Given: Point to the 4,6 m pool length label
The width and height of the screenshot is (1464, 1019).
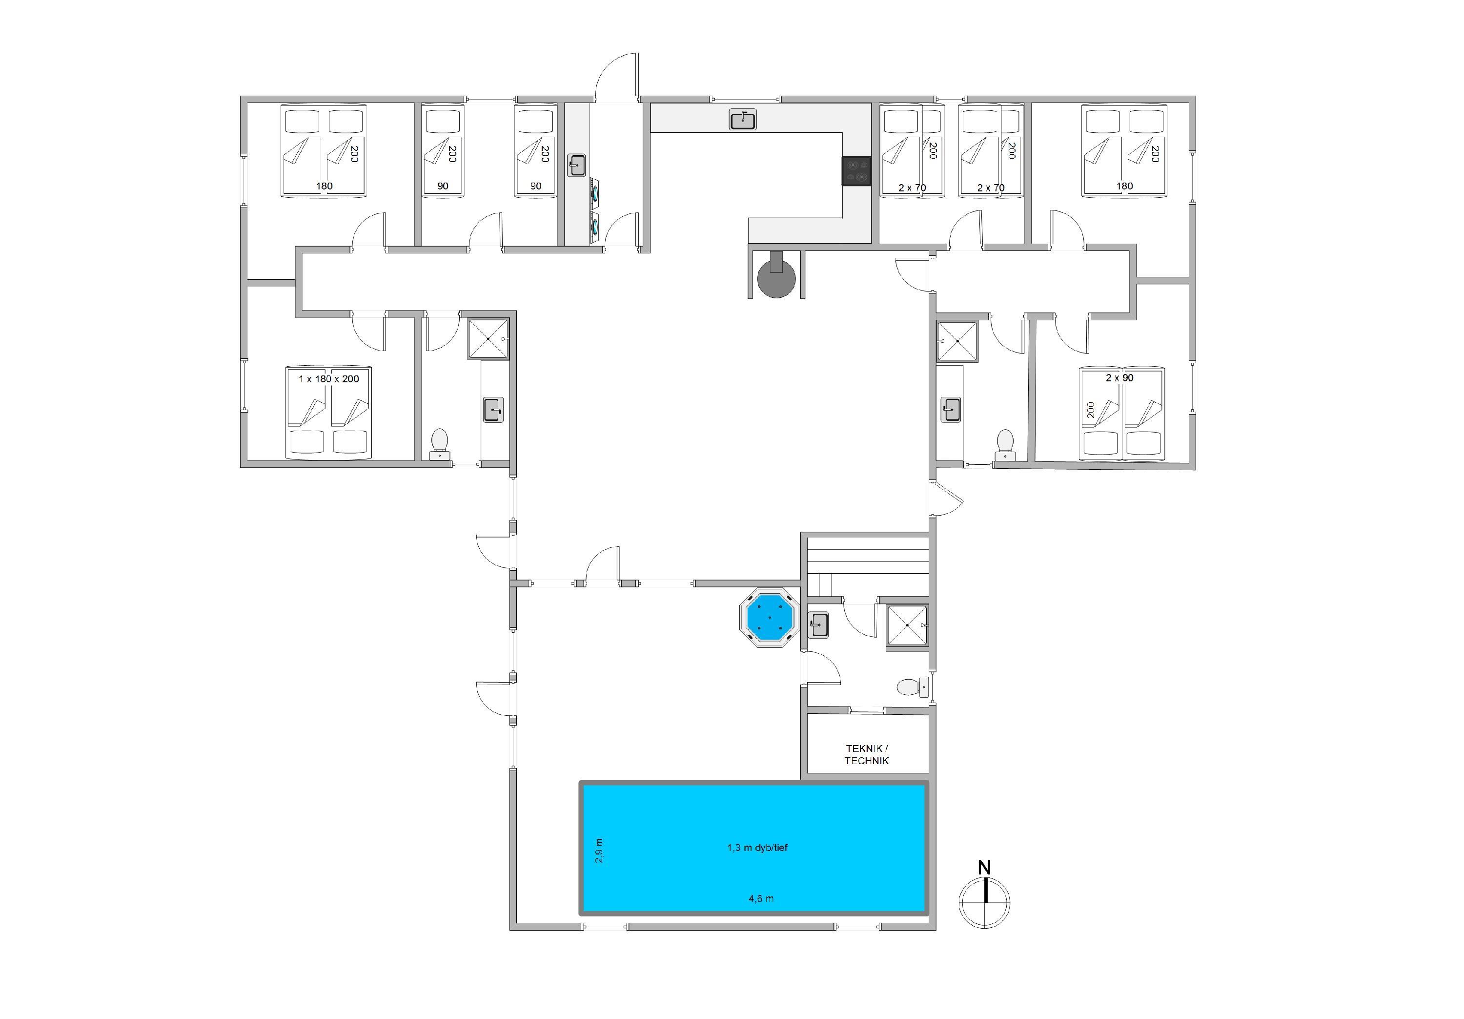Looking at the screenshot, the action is point(761,898).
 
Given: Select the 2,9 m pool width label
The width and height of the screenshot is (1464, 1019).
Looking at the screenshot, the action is point(599,851).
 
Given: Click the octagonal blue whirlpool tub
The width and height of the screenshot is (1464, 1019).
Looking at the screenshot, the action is point(769,618).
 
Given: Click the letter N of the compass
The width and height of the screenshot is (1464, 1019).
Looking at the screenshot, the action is point(984,868).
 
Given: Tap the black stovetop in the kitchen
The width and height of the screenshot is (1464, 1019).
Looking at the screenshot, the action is point(856,171).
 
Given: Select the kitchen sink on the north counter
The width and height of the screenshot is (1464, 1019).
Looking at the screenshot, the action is point(743,119).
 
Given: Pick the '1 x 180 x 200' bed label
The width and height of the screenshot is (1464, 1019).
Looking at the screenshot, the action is point(328,378).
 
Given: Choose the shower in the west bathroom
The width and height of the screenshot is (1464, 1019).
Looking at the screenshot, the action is point(489,339).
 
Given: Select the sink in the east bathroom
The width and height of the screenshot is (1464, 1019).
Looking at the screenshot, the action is point(951,409).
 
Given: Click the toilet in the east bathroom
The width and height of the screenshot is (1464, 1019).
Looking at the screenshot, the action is point(1005,443).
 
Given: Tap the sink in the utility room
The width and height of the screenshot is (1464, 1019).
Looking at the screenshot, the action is point(577,165).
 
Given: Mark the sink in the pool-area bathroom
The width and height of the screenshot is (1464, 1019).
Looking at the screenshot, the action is point(818,624).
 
